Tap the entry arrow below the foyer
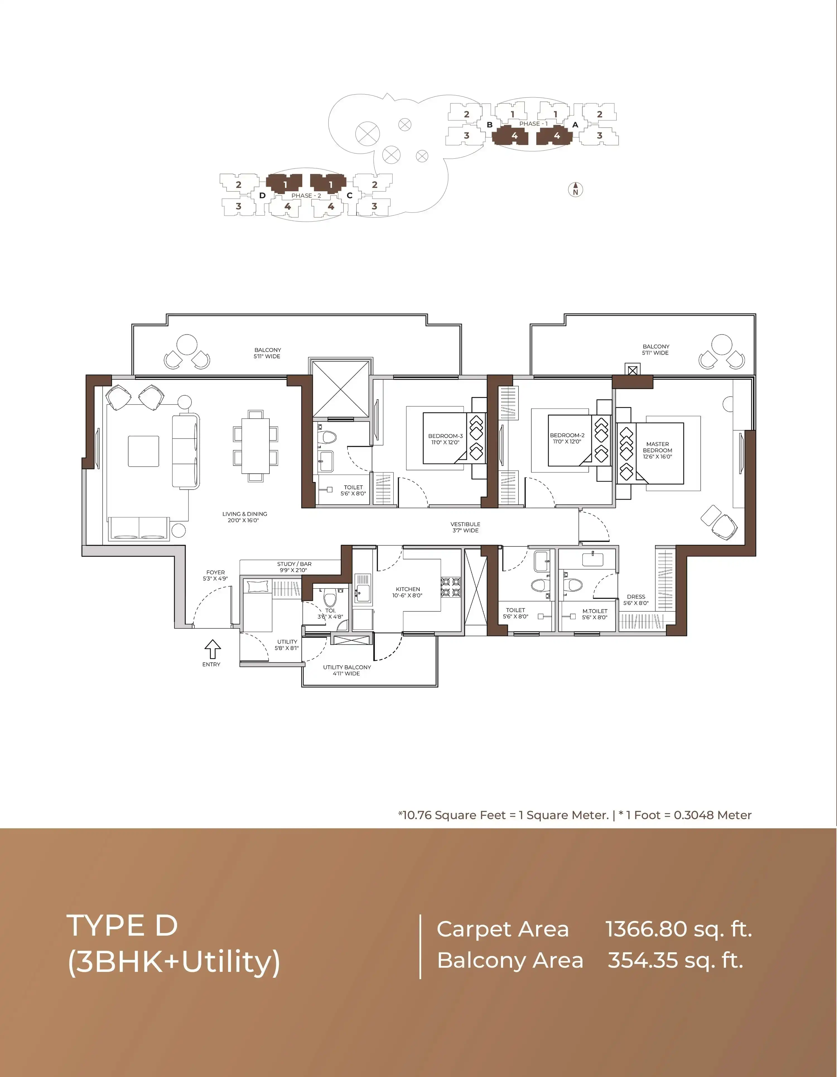pyautogui.click(x=213, y=649)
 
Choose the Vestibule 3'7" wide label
pyautogui.click(x=465, y=527)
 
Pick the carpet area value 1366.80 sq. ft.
pyautogui.click(x=679, y=929)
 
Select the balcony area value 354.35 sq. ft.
pyautogui.click(x=675, y=960)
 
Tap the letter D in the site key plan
pyautogui.click(x=262, y=195)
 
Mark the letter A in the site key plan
pyautogui.click(x=575, y=125)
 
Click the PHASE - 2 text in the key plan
pyautogui.click(x=306, y=196)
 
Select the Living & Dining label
pyautogui.click(x=245, y=517)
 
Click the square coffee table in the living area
pyautogui.click(x=144, y=451)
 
